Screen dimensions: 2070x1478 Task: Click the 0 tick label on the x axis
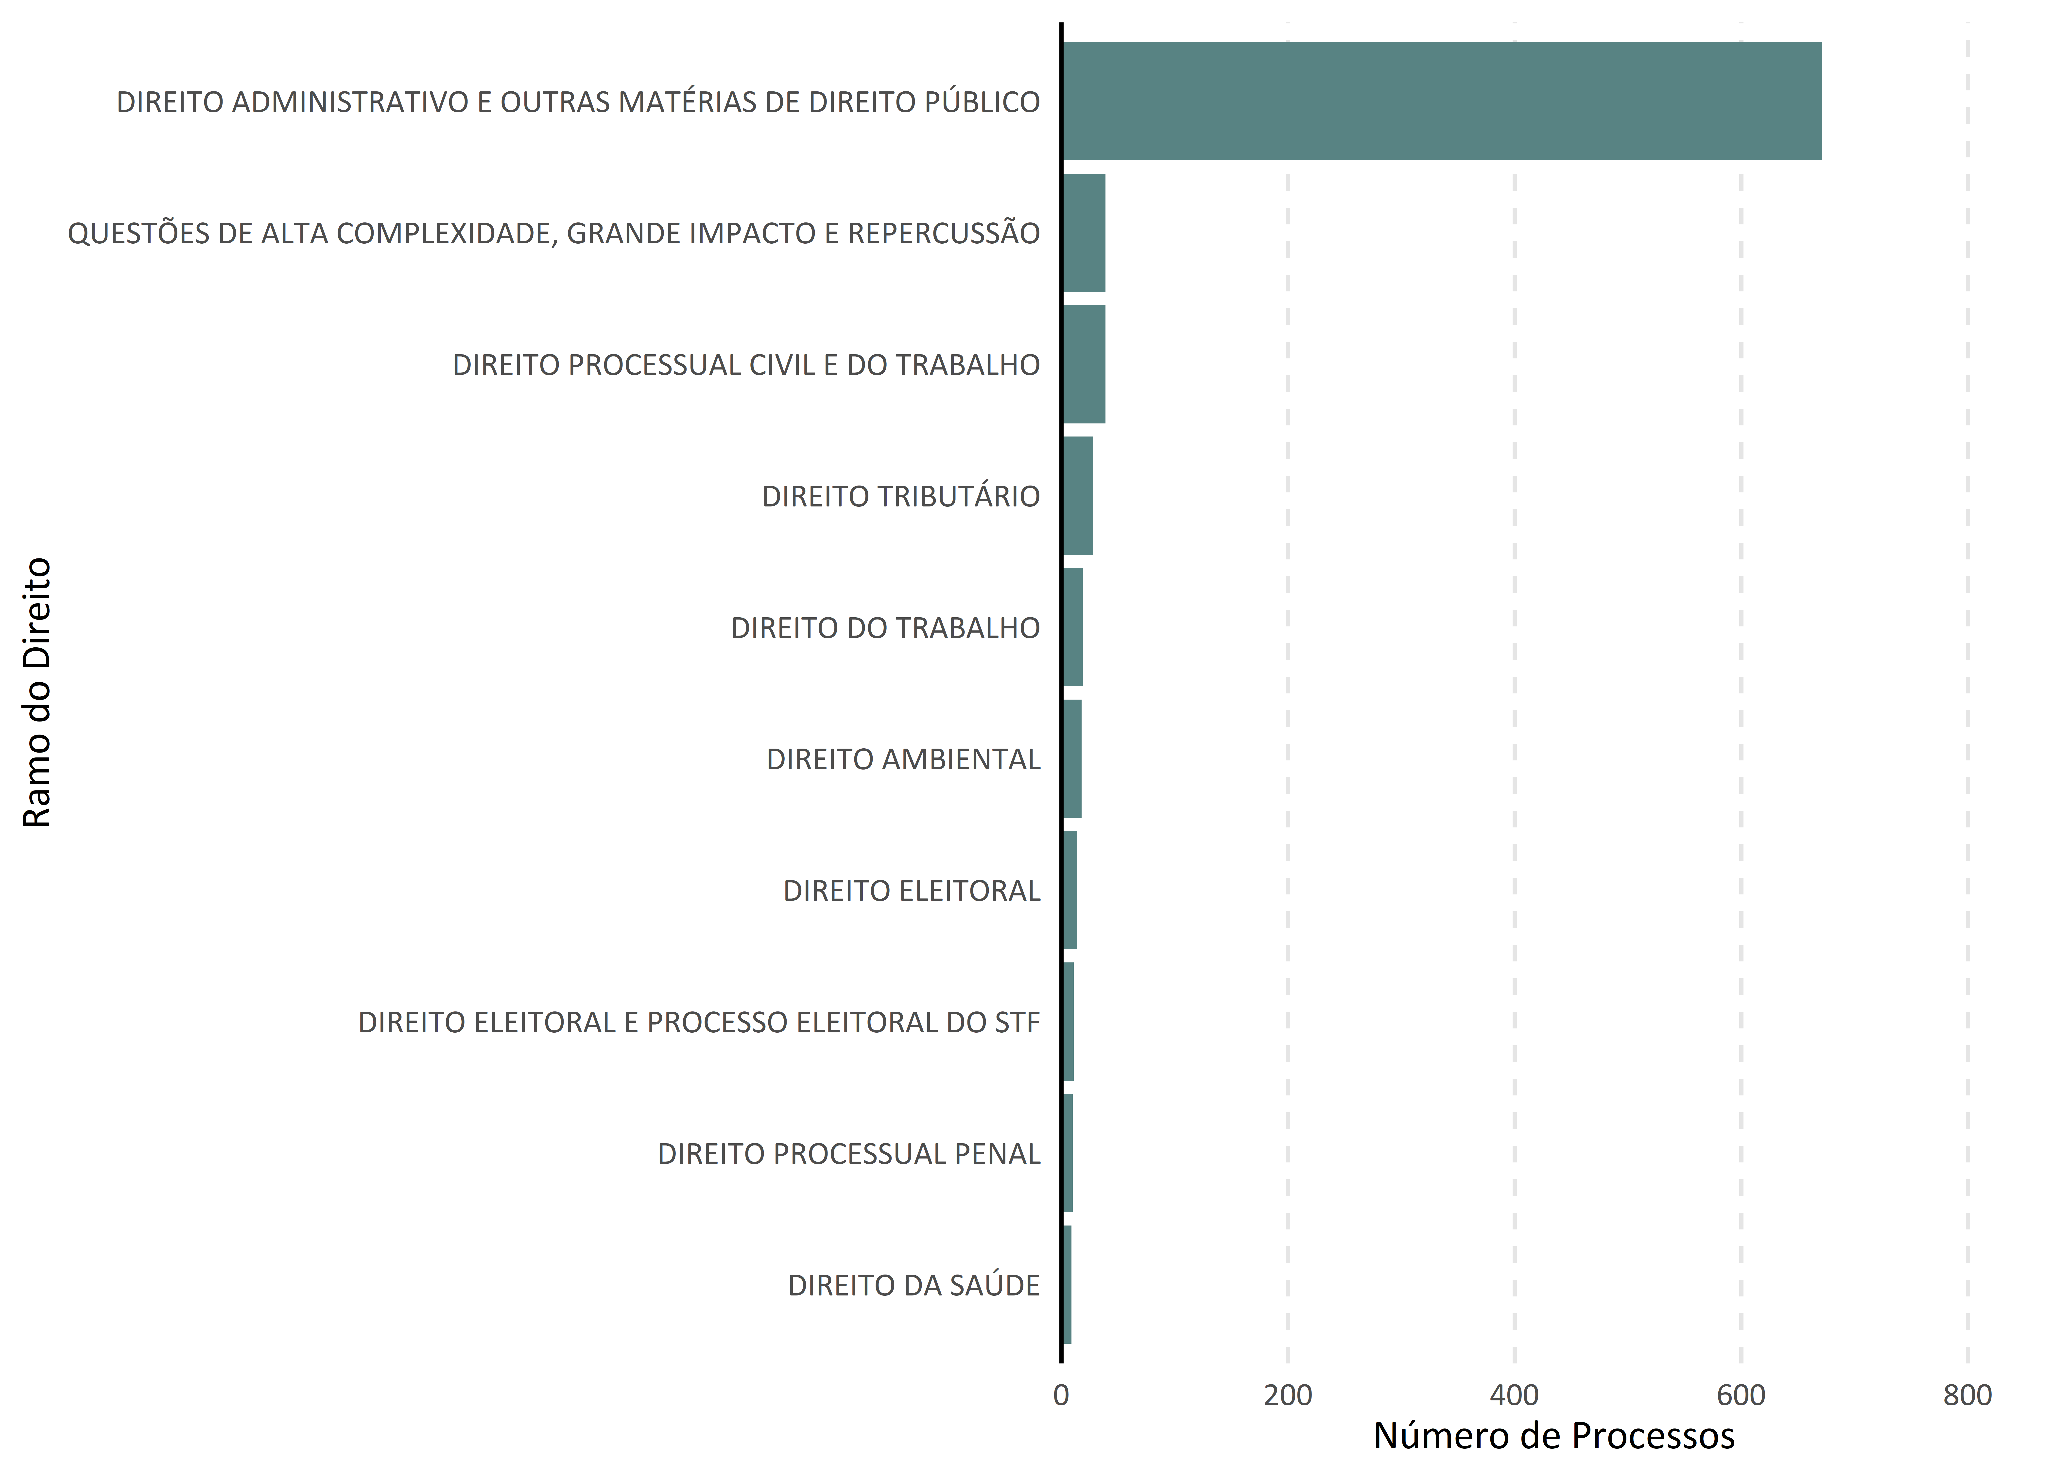(1061, 1395)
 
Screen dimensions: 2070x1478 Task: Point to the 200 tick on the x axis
(1288, 1395)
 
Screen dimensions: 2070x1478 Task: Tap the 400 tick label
(1515, 1395)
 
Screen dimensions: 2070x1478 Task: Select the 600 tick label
(1741, 1395)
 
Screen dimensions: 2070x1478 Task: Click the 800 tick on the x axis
(1968, 1395)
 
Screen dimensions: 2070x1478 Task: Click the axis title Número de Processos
(1554, 1436)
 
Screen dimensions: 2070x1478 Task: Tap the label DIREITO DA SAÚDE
(914, 1285)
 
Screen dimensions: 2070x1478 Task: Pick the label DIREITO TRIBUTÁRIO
(901, 496)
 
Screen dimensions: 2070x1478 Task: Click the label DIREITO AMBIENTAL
(903, 759)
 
